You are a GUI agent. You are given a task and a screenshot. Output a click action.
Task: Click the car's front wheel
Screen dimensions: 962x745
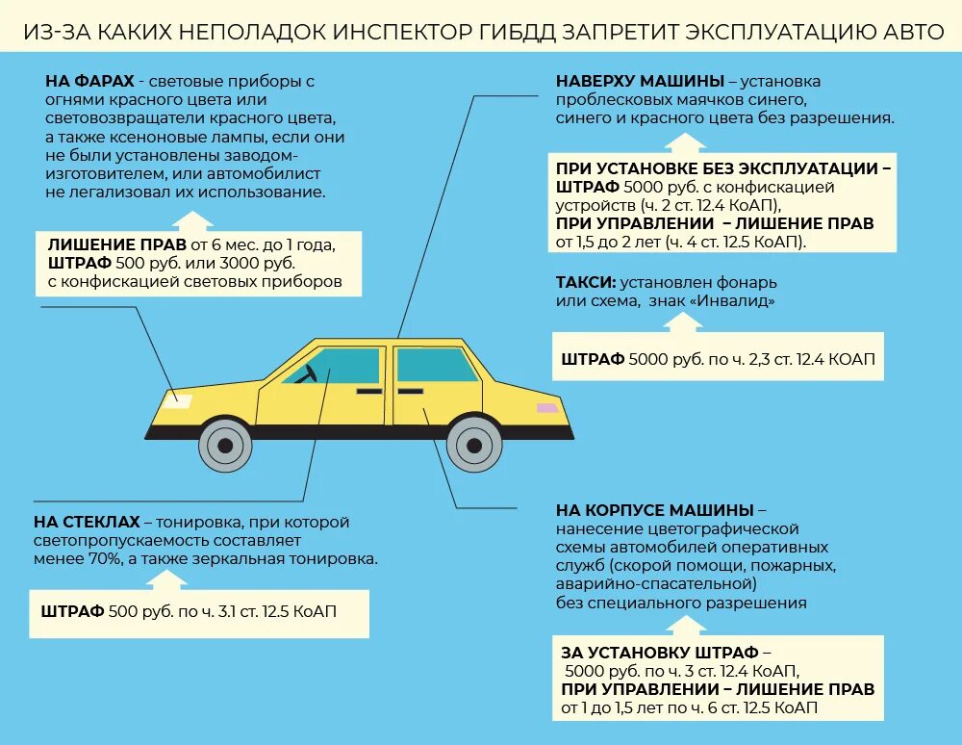225,445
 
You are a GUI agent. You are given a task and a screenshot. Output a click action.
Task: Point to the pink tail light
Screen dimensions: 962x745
546,408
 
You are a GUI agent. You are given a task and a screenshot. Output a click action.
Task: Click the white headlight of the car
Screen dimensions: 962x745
179,399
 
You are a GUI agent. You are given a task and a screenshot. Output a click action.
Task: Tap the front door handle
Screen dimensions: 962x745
368,392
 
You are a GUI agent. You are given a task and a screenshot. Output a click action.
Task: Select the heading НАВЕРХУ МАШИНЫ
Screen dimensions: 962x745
639,81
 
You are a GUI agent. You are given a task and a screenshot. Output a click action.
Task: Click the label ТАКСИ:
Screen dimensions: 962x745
585,283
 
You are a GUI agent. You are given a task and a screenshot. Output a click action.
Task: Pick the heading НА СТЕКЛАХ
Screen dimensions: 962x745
88,522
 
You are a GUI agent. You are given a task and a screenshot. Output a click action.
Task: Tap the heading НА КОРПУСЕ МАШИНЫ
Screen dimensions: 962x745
654,509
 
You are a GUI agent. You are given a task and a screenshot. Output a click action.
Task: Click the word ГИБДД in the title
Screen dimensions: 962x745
519,33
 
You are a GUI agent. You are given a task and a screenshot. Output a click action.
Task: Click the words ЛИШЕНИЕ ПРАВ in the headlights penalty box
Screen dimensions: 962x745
116,244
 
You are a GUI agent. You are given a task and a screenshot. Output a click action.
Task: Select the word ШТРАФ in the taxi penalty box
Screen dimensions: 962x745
592,359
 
